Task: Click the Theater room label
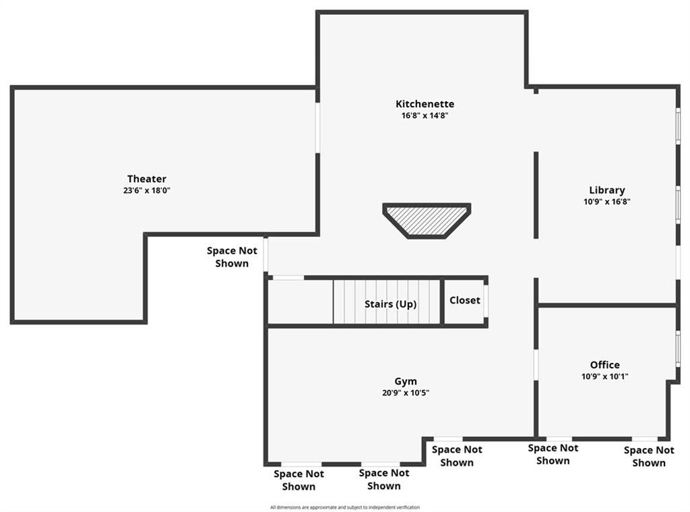tap(146, 179)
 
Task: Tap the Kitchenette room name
tap(425, 104)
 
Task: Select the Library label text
tap(607, 190)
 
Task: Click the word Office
tap(604, 365)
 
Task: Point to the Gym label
tap(405, 382)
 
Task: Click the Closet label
tap(465, 300)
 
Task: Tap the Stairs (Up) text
tap(390, 304)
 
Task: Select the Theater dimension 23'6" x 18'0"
tap(146, 190)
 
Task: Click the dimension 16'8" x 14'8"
tap(425, 115)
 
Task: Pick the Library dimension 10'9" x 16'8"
tap(607, 202)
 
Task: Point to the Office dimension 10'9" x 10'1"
tap(604, 376)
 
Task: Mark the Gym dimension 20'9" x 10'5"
tap(405, 393)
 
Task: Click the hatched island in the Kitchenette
tap(427, 221)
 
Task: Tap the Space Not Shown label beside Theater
tap(232, 257)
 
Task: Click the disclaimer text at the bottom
tap(345, 507)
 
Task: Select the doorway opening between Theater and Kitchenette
tap(317, 128)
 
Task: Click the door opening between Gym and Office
tap(536, 365)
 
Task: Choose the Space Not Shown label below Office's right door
tap(649, 457)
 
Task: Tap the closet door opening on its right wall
tap(486, 301)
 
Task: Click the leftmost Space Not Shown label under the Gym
tap(299, 480)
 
